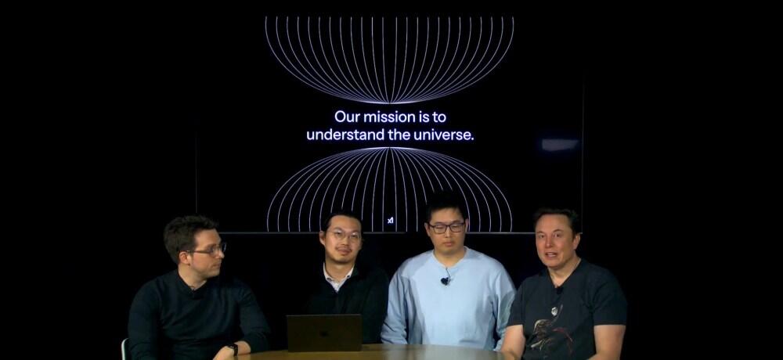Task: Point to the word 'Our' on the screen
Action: pyautogui.click(x=347, y=117)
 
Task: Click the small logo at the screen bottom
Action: pyautogui.click(x=391, y=220)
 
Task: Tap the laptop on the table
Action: pyautogui.click(x=324, y=333)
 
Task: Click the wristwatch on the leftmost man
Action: pyautogui.click(x=233, y=349)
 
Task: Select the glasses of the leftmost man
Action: pyautogui.click(x=209, y=250)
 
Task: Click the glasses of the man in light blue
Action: pyautogui.click(x=446, y=228)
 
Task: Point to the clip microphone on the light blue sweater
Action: pyautogui.click(x=445, y=281)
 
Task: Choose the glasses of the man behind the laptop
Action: pyautogui.click(x=345, y=236)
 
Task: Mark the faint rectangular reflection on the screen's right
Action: pyautogui.click(x=560, y=145)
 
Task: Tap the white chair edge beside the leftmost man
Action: pyautogui.click(x=124, y=349)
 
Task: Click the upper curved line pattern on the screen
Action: pyautogui.click(x=389, y=59)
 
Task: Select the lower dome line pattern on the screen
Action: pyautogui.click(x=389, y=189)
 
